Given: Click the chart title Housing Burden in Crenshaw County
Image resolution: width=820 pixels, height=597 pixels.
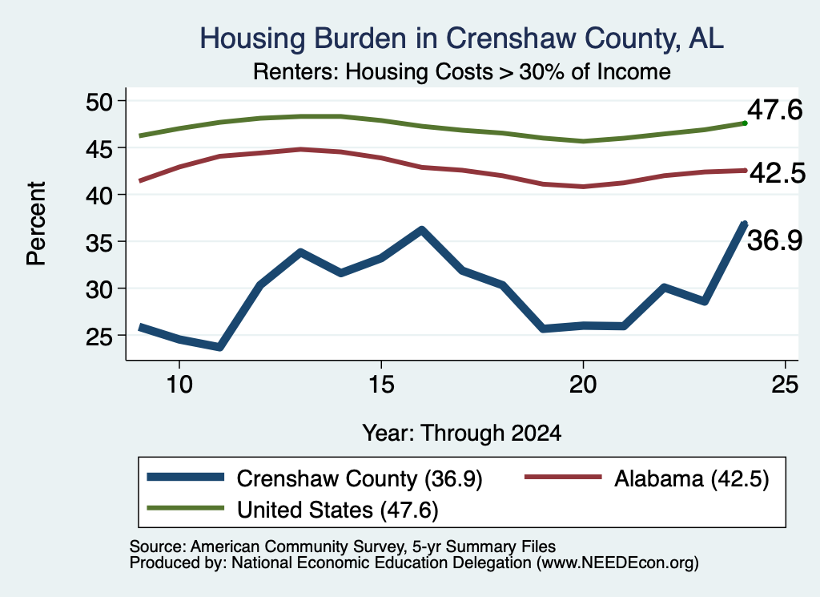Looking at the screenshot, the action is tap(462, 38).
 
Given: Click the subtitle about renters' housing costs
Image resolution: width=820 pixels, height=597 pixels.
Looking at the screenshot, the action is tap(462, 71).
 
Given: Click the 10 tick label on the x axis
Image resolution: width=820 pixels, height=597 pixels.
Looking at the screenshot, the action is tap(179, 385).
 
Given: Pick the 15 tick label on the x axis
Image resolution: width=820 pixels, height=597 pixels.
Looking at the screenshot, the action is tap(381, 385).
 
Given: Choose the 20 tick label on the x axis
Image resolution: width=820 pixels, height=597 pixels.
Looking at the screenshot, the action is tap(583, 385).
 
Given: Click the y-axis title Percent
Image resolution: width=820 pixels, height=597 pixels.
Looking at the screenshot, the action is tap(36, 224).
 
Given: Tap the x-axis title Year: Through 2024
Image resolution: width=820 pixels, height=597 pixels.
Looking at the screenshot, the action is tap(462, 434).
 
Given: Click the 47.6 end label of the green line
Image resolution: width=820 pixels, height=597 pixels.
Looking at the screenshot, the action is tap(774, 110).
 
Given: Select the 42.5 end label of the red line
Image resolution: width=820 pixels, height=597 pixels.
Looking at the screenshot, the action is tap(778, 173).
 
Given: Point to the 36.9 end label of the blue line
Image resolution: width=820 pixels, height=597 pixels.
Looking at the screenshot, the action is tap(774, 240).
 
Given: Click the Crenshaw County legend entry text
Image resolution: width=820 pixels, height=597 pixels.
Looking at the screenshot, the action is tap(360, 478).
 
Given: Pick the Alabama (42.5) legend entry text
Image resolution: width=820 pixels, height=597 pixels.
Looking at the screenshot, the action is tap(691, 478).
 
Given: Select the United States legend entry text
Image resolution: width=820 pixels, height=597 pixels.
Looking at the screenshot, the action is tap(337, 510).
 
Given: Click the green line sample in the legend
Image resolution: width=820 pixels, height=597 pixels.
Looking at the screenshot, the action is tap(185, 508).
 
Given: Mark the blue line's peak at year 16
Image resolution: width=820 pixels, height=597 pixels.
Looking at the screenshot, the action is tap(421, 230).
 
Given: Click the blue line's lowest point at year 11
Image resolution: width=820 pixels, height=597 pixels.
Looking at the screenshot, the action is tap(219, 346).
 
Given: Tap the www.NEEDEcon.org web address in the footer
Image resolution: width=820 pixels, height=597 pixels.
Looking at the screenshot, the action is tap(617, 563).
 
